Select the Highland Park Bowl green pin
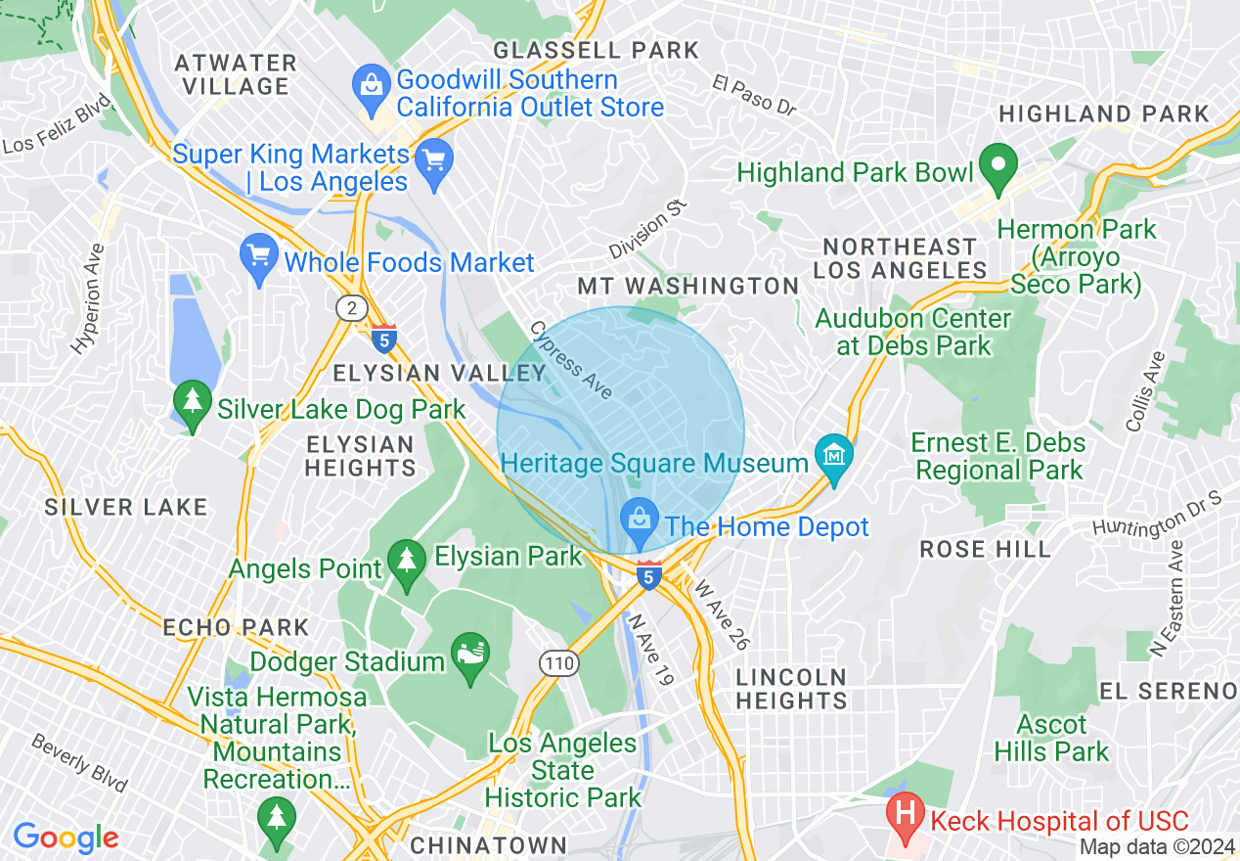998,166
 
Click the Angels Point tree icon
405,563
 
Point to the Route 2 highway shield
350,308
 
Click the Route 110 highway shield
559,664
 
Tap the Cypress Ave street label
572,359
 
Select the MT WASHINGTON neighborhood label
687,286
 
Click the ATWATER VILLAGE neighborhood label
236,74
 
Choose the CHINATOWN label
488,844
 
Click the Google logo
66,838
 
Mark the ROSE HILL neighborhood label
985,550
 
